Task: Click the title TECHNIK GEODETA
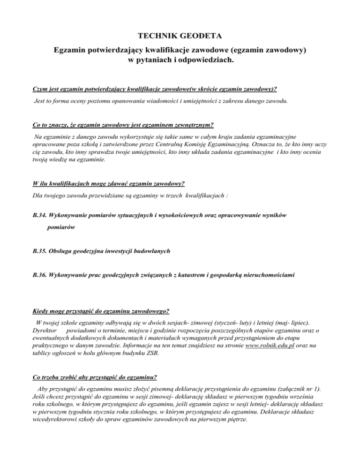pyautogui.click(x=180, y=35)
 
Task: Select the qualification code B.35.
pyautogui.click(x=38, y=251)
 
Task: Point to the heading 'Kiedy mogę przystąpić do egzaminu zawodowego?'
pyautogui.click(x=101, y=310)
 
